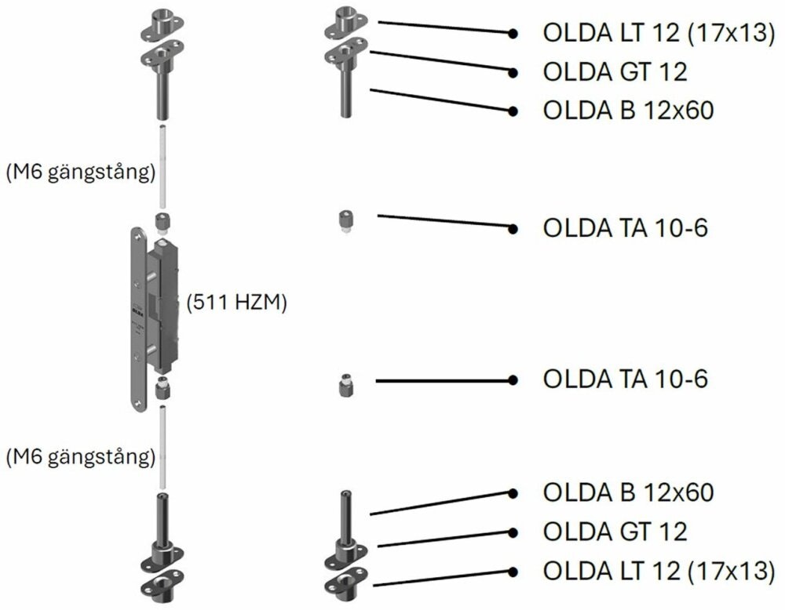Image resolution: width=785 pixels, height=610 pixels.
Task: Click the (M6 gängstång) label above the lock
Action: pyautogui.click(x=78, y=173)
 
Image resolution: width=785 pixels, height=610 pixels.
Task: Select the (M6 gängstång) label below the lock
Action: pyautogui.click(x=78, y=456)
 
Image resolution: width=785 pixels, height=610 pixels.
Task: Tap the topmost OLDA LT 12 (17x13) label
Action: pyautogui.click(x=658, y=34)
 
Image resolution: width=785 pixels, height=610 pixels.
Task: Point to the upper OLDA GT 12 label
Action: pyautogui.click(x=615, y=72)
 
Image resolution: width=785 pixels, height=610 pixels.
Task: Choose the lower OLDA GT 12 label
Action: pyautogui.click(x=615, y=532)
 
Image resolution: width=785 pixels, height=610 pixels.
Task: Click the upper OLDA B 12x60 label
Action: pyautogui.click(x=628, y=111)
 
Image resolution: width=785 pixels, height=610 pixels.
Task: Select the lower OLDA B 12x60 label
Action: pyautogui.click(x=628, y=493)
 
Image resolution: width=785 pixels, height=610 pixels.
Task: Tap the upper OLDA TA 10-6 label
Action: pyautogui.click(x=625, y=228)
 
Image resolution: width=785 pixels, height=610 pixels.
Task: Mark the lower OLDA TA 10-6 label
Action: pyautogui.click(x=625, y=379)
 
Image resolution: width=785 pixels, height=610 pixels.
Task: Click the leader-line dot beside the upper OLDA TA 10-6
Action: pyautogui.click(x=513, y=228)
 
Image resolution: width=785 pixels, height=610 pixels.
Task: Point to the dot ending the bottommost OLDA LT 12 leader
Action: pyautogui.click(x=513, y=571)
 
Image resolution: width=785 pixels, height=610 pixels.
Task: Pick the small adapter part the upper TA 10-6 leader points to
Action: pyautogui.click(x=344, y=220)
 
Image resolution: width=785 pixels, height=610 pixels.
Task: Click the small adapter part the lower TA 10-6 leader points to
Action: pyautogui.click(x=344, y=386)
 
